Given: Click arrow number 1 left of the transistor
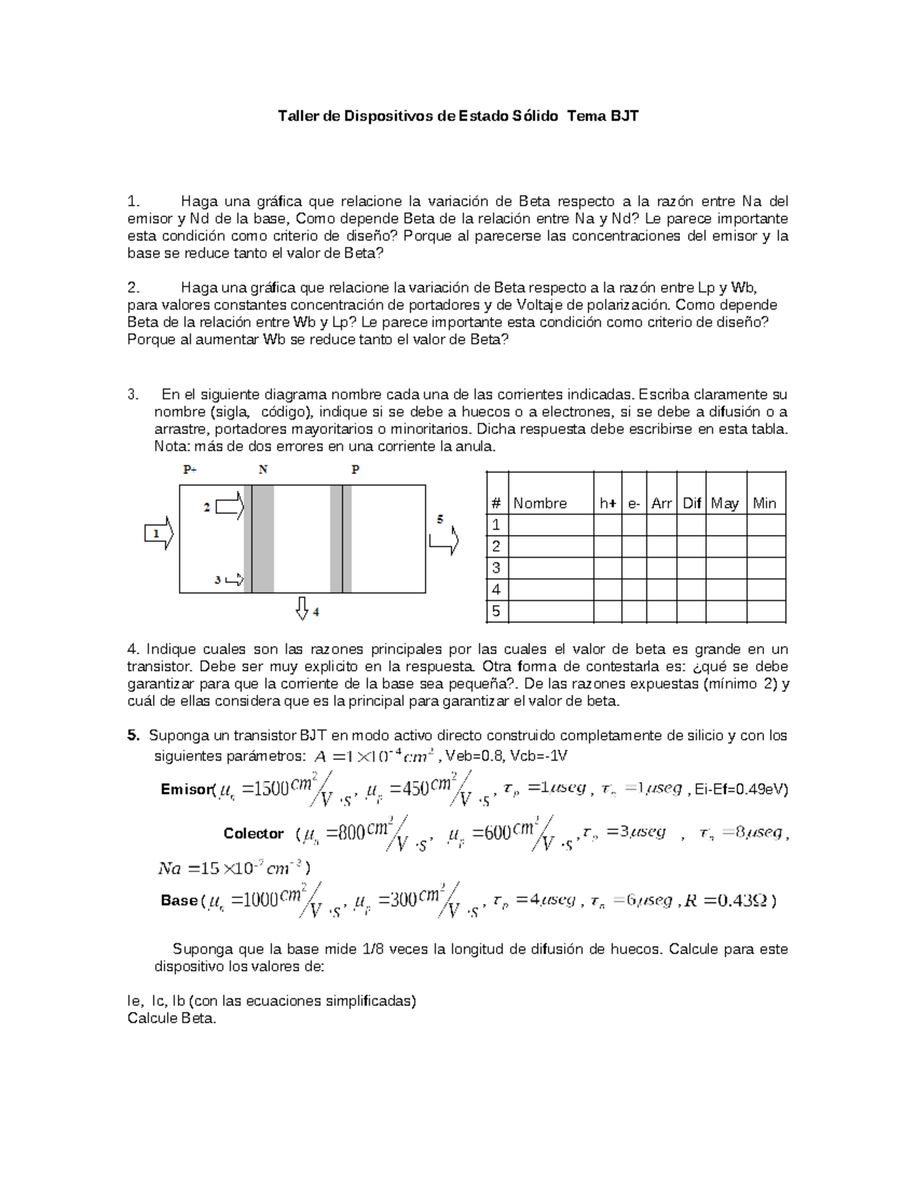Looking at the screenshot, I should pos(158,534).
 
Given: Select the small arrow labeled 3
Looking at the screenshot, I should pos(234,579).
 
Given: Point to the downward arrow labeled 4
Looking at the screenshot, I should pos(302,608).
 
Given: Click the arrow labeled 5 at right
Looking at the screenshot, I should pos(444,540).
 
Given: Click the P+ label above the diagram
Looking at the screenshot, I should pos(190,470).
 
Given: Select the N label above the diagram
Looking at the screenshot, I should pos(263,470).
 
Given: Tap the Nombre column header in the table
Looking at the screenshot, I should pos(540,503).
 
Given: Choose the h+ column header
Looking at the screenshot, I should pos(608,503).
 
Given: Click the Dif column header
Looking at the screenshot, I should pos(692,503).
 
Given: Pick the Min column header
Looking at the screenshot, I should pos(764,503).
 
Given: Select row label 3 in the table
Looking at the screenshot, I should pos(497,568).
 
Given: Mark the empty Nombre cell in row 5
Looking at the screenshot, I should pos(550,611).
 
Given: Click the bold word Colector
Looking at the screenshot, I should pos(253,833).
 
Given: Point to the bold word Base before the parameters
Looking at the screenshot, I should pos(179,900).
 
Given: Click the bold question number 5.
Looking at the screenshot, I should pos(134,735).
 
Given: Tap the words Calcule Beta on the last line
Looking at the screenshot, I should pos(172,1019).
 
